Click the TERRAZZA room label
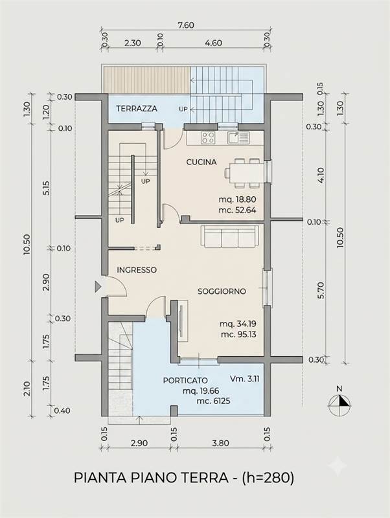(x=137, y=108)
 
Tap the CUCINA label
(x=201, y=162)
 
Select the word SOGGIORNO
(x=222, y=291)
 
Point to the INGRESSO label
(x=137, y=270)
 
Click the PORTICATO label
(x=185, y=381)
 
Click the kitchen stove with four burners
(x=208, y=137)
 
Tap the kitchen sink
(x=238, y=137)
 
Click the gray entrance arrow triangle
(x=98, y=287)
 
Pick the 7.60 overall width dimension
(x=186, y=25)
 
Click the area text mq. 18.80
(x=237, y=199)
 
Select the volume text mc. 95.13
(x=238, y=334)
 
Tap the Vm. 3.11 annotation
(x=245, y=379)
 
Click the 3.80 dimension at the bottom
(x=221, y=443)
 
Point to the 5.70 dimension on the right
(x=321, y=290)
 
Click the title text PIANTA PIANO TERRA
(x=151, y=478)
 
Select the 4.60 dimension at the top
(x=213, y=43)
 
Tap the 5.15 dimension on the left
(x=46, y=188)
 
